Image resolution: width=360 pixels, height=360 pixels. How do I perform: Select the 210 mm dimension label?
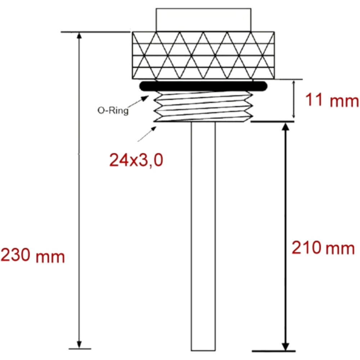click(323, 248)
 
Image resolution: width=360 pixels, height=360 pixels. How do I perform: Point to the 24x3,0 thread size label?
click(136, 160)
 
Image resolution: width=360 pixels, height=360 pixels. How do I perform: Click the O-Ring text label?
click(113, 111)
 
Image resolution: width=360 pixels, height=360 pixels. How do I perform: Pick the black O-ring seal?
click(203, 86)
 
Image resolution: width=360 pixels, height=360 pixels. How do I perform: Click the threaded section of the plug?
click(203, 106)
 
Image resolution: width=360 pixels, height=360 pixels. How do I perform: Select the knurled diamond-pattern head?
click(203, 55)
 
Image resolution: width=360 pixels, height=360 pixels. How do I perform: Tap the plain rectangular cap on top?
click(203, 20)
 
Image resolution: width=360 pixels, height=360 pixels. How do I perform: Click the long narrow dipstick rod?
click(203, 236)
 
